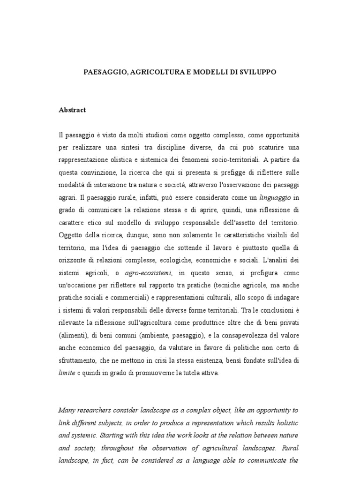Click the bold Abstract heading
pos(72,110)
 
